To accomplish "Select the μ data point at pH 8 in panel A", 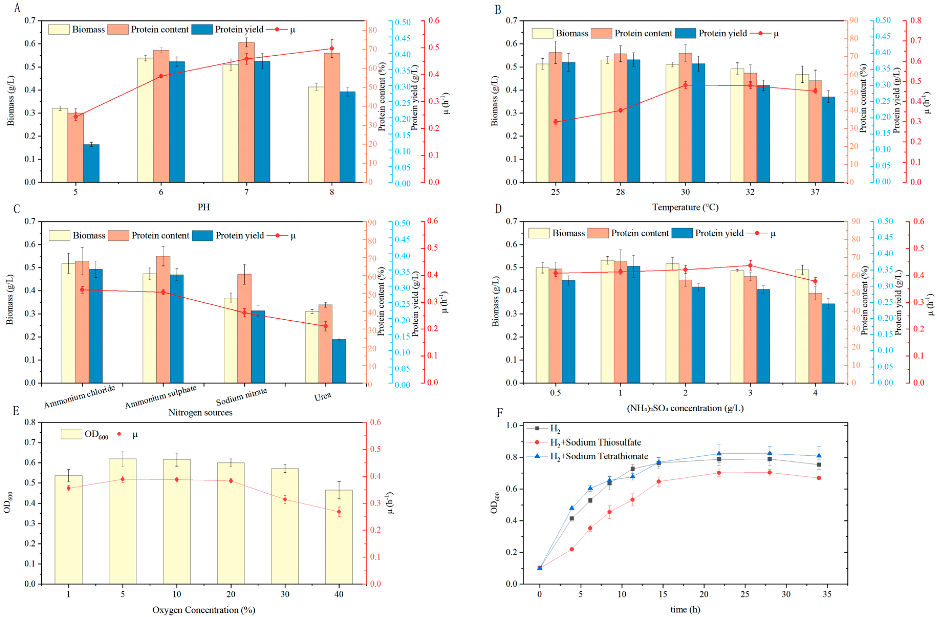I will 332,48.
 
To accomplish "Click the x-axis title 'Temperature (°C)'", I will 685,207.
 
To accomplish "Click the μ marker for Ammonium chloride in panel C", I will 82,290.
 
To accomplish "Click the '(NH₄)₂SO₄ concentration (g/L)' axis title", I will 685,408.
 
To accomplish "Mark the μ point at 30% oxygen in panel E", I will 285,500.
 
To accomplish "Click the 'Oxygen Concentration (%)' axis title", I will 203,610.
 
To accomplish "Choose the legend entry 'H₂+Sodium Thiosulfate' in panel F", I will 595,442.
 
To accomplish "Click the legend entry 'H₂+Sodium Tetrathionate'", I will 598,456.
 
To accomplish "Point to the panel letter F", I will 500,413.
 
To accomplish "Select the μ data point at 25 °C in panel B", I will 555,122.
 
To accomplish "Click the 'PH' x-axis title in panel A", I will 203,207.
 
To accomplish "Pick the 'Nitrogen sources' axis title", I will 200,412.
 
